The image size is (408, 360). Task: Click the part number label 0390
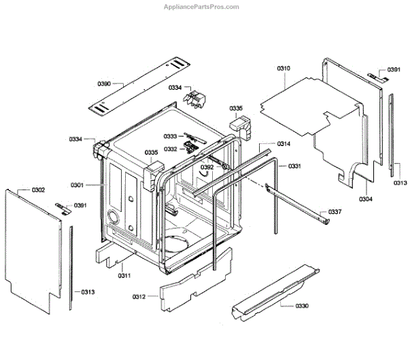click(103, 84)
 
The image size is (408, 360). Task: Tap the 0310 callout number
click(284, 69)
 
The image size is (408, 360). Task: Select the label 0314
click(284, 144)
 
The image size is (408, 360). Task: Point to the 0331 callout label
click(294, 166)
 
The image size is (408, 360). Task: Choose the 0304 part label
click(366, 199)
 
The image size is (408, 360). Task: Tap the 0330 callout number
click(302, 306)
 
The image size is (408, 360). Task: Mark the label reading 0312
click(139, 296)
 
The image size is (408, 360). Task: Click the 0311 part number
click(123, 274)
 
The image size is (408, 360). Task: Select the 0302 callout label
click(38, 190)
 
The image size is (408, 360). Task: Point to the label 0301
click(77, 185)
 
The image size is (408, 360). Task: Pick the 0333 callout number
click(169, 137)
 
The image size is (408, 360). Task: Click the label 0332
click(170, 149)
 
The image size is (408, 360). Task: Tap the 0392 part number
click(207, 166)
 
